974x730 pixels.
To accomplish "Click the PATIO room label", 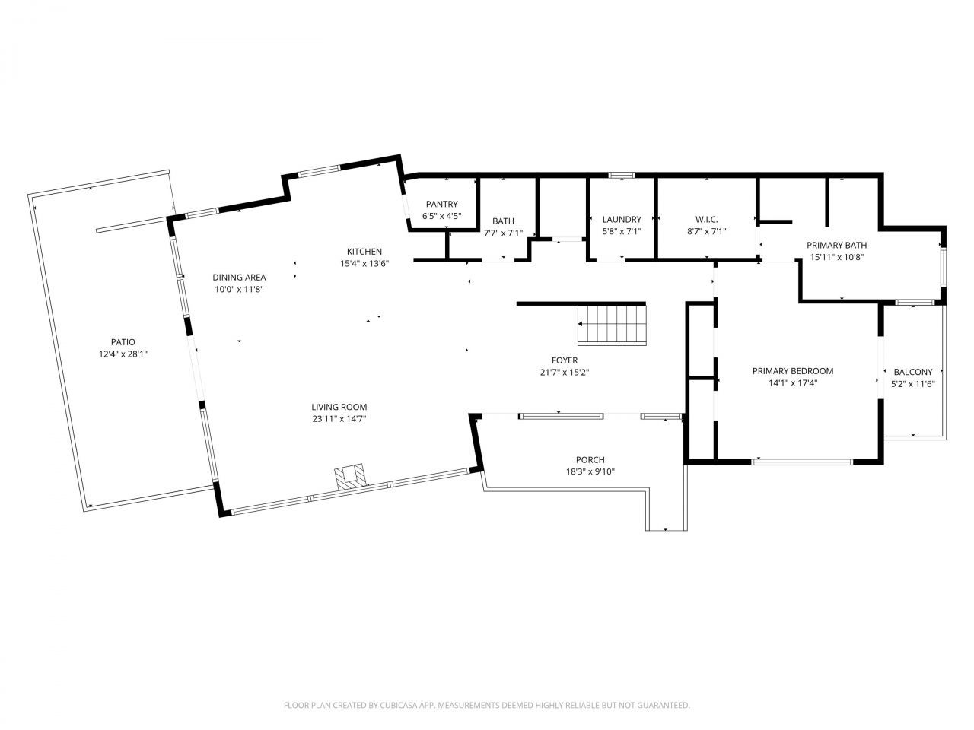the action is [123, 341].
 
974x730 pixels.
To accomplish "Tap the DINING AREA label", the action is [239, 278].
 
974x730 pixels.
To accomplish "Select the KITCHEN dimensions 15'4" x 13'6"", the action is [364, 263].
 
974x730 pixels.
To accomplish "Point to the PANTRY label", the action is [441, 204].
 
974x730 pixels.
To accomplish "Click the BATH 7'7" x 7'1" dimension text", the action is [503, 233].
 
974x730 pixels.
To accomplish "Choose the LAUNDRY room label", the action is [622, 220].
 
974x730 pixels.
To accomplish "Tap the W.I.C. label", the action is [706, 220].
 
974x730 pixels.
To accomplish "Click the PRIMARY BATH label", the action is [836, 245].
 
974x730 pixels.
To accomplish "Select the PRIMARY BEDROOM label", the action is [793, 371].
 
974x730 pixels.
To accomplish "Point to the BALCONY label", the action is [913, 372].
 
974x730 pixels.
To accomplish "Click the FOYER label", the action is [565, 360].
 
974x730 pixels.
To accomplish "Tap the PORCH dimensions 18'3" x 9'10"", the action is [590, 471].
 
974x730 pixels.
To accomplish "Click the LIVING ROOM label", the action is [339, 407].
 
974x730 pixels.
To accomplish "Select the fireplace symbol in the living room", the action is [351, 476].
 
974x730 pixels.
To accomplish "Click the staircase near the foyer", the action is [612, 325].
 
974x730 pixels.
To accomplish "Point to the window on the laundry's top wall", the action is [621, 175].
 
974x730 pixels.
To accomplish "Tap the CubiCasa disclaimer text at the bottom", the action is [487, 705].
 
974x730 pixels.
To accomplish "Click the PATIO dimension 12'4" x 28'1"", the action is [123, 354].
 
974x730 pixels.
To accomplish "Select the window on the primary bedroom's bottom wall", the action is [802, 462].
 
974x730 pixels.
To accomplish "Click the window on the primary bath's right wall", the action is [944, 267].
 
